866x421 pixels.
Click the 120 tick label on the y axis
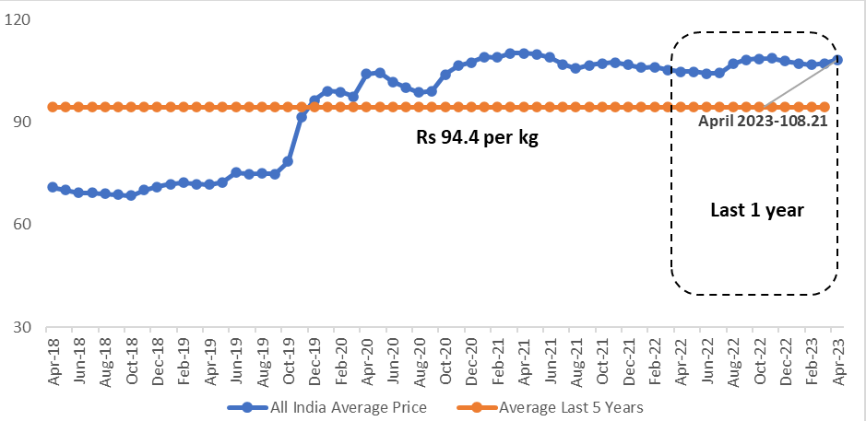pos(19,19)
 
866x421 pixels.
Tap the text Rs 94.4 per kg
pos(477,140)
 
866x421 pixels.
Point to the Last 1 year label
pos(757,210)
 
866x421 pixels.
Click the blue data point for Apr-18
pos(53,187)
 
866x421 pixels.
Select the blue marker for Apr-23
pos(837,60)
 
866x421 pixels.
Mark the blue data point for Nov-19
pos(302,117)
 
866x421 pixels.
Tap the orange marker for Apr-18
pos(53,107)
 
